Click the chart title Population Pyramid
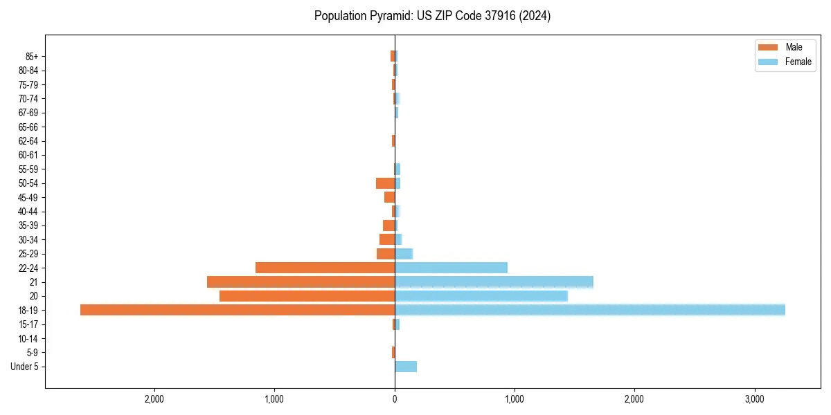432,16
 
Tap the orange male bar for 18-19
238,310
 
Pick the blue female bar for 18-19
590,310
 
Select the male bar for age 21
301,282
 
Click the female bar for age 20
481,296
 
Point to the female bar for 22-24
451,268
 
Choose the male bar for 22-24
325,268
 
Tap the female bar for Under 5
406,367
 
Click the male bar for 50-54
385,183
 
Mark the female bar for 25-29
404,254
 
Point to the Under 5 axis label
25,367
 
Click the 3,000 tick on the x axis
754,399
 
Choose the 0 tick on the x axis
395,399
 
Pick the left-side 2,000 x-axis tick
154,399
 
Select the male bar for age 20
307,296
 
